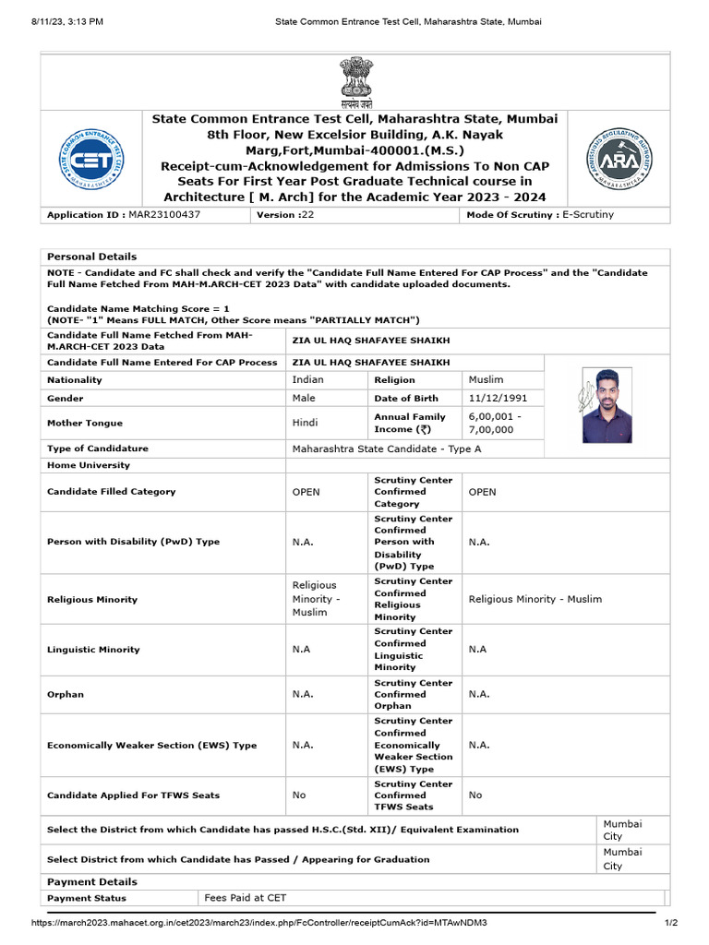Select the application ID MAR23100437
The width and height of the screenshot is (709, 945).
pyautogui.click(x=163, y=214)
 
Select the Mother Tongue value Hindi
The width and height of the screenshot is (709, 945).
pyautogui.click(x=306, y=423)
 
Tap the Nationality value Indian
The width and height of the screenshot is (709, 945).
pyautogui.click(x=308, y=379)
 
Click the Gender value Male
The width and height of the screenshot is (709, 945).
pyautogui.click(x=304, y=398)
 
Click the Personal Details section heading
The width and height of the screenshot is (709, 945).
pyautogui.click(x=91, y=257)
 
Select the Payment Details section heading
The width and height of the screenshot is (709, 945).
pyautogui.click(x=91, y=882)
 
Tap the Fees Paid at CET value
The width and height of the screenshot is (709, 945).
pyautogui.click(x=245, y=898)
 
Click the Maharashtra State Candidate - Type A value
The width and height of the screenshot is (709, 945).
pyautogui.click(x=387, y=449)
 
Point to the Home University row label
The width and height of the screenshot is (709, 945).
pyautogui.click(x=89, y=465)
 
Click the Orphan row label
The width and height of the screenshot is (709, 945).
pyautogui.click(x=66, y=694)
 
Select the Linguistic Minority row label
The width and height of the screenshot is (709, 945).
pyautogui.click(x=93, y=650)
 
